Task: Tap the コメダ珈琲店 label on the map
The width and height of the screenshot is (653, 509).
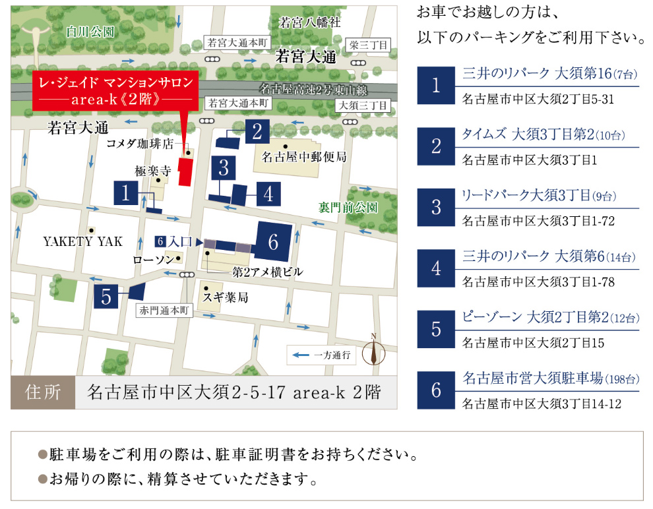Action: [x=140, y=142]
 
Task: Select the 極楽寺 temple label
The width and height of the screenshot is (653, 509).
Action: [x=153, y=170]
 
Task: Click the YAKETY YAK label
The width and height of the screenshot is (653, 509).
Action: [x=83, y=241]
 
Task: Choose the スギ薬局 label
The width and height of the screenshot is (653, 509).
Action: [x=226, y=298]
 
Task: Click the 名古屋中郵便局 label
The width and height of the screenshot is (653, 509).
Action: [x=304, y=158]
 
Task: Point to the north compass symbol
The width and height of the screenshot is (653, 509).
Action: [x=374, y=350]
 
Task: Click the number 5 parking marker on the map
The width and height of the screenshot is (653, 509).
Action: [x=107, y=297]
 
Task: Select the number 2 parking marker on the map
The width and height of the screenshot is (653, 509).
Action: [x=258, y=132]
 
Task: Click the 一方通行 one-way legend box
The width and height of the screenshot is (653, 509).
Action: [x=323, y=355]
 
